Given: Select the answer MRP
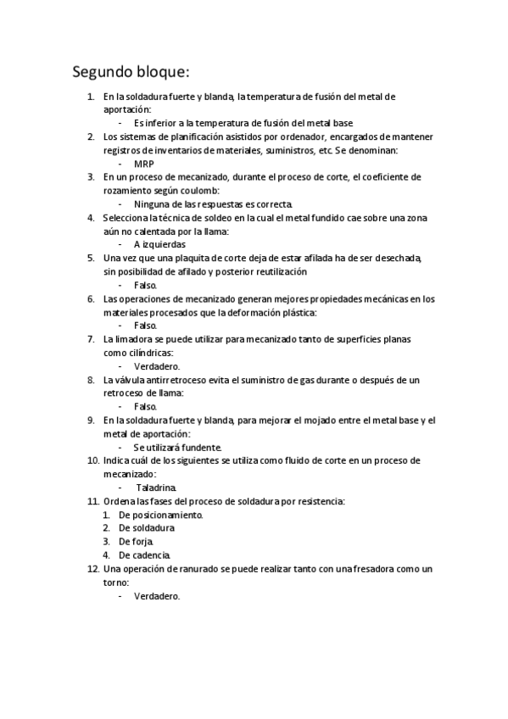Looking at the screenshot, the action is tap(144, 164).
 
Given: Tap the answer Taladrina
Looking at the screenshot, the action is tap(156, 488).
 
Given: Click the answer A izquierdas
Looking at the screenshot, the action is tap(160, 244).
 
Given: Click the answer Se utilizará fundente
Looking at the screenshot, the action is tap(178, 447).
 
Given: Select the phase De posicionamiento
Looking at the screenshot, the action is tap(161, 515).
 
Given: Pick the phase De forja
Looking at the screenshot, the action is tap(137, 541).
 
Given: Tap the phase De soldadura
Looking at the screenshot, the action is tap(147, 527).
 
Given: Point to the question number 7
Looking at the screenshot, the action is tap(91, 339).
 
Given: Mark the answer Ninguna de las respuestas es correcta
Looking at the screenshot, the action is tap(214, 204).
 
